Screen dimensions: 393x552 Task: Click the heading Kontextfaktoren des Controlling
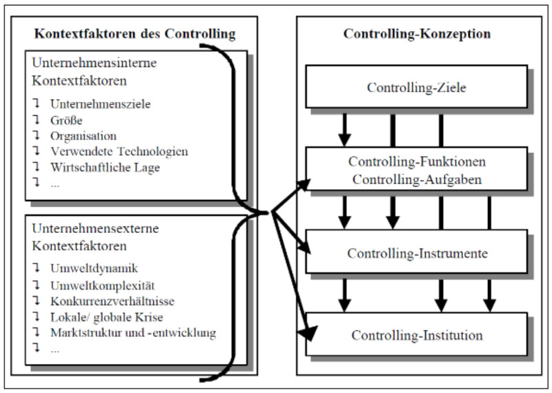pyautogui.click(x=135, y=33)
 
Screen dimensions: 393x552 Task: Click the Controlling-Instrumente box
pyautogui.click(x=417, y=253)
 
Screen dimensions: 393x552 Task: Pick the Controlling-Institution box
pyautogui.click(x=417, y=336)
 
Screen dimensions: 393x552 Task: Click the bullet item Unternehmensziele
pyautogui.click(x=100, y=104)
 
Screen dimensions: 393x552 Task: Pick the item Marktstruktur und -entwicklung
pyautogui.click(x=133, y=333)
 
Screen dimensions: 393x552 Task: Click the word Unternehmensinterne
pyautogui.click(x=93, y=62)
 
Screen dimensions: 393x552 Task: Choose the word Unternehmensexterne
pyautogui.click(x=93, y=227)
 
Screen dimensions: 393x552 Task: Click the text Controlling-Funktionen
pyautogui.click(x=417, y=162)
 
